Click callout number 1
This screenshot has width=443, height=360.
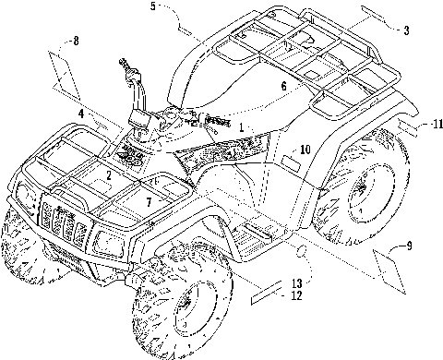(242, 127)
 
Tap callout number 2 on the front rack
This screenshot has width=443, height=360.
(109, 175)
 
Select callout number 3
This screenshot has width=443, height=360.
(406, 30)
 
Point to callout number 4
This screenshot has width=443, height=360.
(81, 114)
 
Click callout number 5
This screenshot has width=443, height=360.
(153, 6)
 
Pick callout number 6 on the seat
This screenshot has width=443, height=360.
(283, 86)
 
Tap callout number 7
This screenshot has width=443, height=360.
(149, 202)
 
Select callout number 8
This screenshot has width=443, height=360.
(76, 41)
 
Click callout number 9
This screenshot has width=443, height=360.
(409, 246)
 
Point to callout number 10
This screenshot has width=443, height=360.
(305, 150)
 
